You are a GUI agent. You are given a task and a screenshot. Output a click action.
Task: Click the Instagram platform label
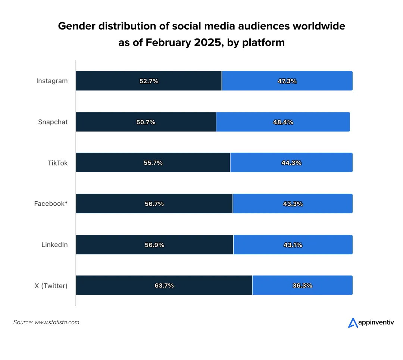52,81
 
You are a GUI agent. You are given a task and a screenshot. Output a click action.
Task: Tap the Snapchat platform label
53,122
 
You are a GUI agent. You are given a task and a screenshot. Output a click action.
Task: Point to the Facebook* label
51,204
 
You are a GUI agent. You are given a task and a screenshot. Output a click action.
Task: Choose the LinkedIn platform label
54,245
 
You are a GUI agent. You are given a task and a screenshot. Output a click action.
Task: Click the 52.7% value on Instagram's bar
149,81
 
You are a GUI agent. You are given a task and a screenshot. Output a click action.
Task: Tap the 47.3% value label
287,81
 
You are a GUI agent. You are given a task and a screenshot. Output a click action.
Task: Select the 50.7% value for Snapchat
146,122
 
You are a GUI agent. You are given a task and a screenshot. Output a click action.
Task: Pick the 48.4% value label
283,122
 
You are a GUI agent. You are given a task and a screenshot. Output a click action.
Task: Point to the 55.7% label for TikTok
153,163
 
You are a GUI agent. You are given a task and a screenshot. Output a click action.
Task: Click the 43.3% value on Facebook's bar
293,204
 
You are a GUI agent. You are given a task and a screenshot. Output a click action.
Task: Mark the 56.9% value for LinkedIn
154,245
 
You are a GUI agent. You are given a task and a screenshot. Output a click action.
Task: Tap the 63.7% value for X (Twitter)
164,286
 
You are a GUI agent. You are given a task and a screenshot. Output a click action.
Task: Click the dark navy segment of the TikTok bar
112,163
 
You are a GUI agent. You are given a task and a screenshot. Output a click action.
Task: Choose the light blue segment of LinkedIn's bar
328,245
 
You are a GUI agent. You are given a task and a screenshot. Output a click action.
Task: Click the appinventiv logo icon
353,323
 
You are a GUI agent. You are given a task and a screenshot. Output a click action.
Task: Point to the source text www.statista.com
57,322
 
